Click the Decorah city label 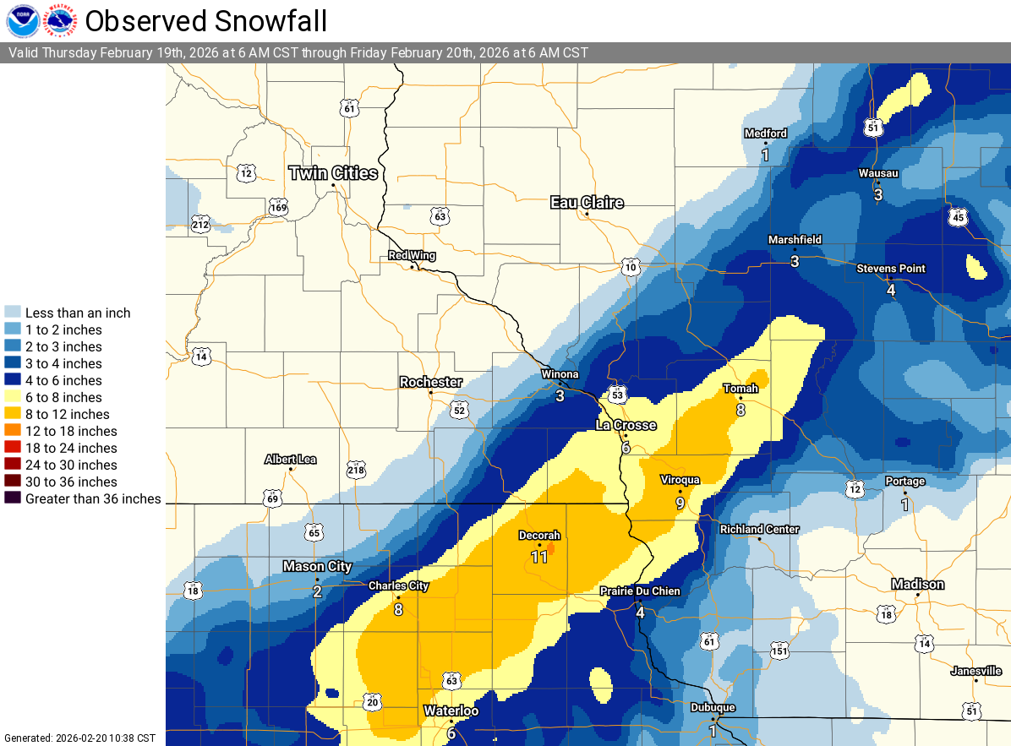coord(539,536)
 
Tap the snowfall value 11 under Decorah coord(539,556)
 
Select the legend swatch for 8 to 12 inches coord(12,414)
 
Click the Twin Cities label coord(333,173)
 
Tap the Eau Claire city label coord(587,202)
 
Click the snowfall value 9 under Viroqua coord(680,503)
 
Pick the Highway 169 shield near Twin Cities coord(278,208)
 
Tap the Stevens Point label coord(891,269)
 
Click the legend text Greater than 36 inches coord(93,498)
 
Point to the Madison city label coord(917,585)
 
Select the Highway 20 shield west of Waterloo coord(372,701)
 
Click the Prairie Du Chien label coord(640,591)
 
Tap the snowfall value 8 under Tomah coord(740,410)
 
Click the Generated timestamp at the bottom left coord(79,738)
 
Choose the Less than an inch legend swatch coord(12,313)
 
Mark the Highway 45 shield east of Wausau coord(957,217)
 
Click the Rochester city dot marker coord(431,393)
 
